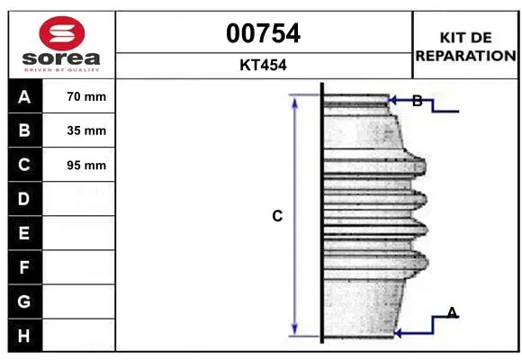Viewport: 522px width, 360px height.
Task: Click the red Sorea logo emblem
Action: point(62,33)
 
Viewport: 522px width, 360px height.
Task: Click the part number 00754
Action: point(263,33)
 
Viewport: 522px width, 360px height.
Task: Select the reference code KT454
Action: point(263,65)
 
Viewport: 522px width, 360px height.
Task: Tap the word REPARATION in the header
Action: point(465,56)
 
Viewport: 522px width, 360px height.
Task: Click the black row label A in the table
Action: point(25,96)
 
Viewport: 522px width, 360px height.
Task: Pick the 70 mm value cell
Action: point(79,96)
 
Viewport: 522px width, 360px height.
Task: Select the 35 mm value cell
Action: point(79,130)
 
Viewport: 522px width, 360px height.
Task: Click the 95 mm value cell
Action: point(79,165)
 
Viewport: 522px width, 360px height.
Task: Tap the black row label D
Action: point(25,199)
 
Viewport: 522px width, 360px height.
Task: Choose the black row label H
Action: point(25,336)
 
